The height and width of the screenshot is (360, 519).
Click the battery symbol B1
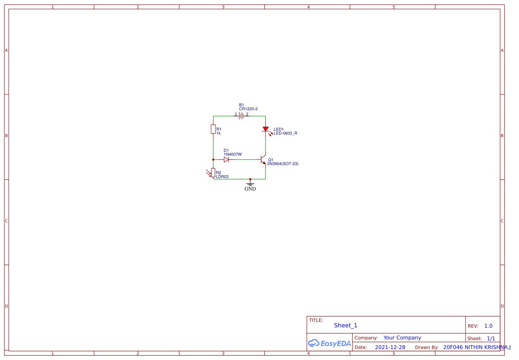(x=241, y=116)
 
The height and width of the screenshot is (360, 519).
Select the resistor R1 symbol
(x=213, y=129)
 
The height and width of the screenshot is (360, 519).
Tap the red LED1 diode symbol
(x=265, y=129)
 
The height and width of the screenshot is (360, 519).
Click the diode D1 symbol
(x=226, y=160)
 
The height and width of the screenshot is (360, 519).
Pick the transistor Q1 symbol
(x=263, y=160)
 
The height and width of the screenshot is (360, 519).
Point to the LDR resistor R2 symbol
(x=213, y=173)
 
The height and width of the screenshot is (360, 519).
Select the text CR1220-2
(x=248, y=109)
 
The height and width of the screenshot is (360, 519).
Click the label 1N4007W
(x=233, y=155)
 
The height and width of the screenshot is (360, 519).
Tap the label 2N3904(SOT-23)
(x=283, y=164)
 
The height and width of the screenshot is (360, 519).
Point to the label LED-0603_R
(x=285, y=133)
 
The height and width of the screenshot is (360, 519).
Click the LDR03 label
(x=222, y=177)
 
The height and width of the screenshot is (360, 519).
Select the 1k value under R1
(x=219, y=133)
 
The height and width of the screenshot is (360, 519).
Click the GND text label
(x=250, y=189)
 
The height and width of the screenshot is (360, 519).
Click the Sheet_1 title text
(x=345, y=325)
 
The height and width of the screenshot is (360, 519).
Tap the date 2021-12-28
(x=390, y=347)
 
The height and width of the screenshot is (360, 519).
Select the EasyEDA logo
(x=329, y=343)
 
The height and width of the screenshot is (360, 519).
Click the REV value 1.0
(x=488, y=326)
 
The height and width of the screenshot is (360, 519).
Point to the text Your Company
(x=402, y=338)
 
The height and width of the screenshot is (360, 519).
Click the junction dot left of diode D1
(x=213, y=160)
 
